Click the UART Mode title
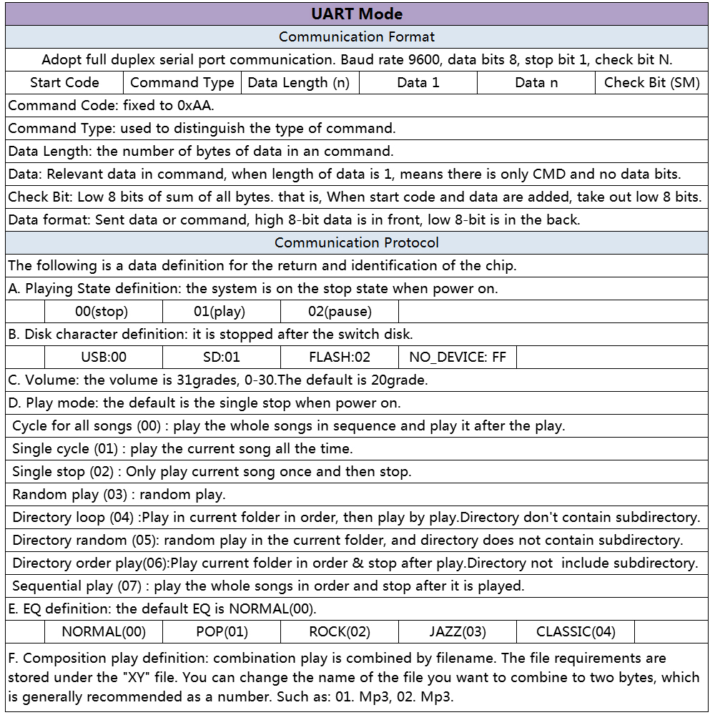click(357, 14)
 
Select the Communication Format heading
click(357, 36)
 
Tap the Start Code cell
click(64, 82)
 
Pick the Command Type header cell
click(182, 82)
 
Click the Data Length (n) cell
click(299, 82)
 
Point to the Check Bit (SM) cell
click(651, 82)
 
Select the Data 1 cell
click(418, 82)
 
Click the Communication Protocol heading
click(357, 242)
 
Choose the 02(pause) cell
click(340, 311)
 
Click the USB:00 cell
click(104, 357)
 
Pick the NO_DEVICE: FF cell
click(458, 357)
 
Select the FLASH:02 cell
click(340, 357)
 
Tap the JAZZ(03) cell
click(458, 631)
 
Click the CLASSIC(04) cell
click(576, 631)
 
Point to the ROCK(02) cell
click(340, 631)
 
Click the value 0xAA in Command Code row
click(194, 105)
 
